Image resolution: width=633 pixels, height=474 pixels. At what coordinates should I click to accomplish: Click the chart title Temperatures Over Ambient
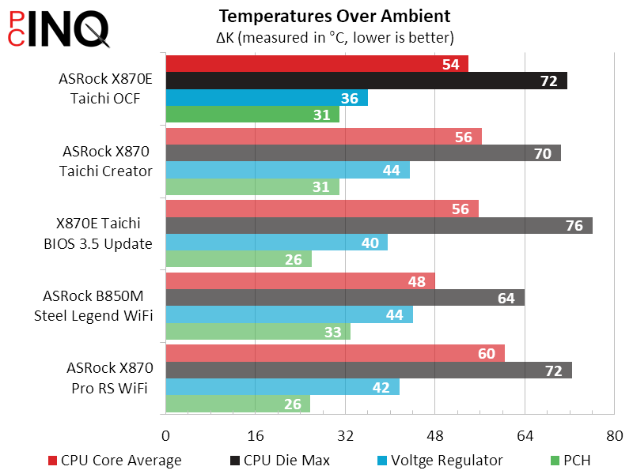[335, 16]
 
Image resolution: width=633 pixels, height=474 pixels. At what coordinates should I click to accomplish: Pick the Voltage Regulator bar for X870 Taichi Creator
[287, 170]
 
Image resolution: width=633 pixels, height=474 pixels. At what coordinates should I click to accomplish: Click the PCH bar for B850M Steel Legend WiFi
[257, 332]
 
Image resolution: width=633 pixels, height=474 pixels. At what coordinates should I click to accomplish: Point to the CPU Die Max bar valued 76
[378, 225]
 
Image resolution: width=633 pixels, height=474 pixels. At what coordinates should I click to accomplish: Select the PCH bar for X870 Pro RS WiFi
[237, 404]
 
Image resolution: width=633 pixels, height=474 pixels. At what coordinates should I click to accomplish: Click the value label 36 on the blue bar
[349, 99]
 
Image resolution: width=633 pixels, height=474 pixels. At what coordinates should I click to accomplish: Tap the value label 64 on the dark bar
[506, 298]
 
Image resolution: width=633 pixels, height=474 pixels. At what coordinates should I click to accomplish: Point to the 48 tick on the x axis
[434, 436]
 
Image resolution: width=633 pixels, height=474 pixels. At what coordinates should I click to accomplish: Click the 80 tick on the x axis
[614, 436]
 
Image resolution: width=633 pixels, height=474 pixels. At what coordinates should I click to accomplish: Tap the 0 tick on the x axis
[165, 436]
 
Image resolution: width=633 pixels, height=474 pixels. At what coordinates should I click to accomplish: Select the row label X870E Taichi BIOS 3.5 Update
[98, 234]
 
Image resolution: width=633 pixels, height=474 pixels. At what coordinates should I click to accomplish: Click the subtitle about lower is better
[335, 37]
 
